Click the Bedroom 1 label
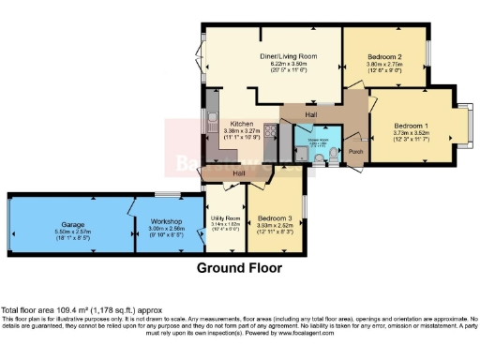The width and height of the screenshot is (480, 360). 411,126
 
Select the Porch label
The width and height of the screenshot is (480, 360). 355,152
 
